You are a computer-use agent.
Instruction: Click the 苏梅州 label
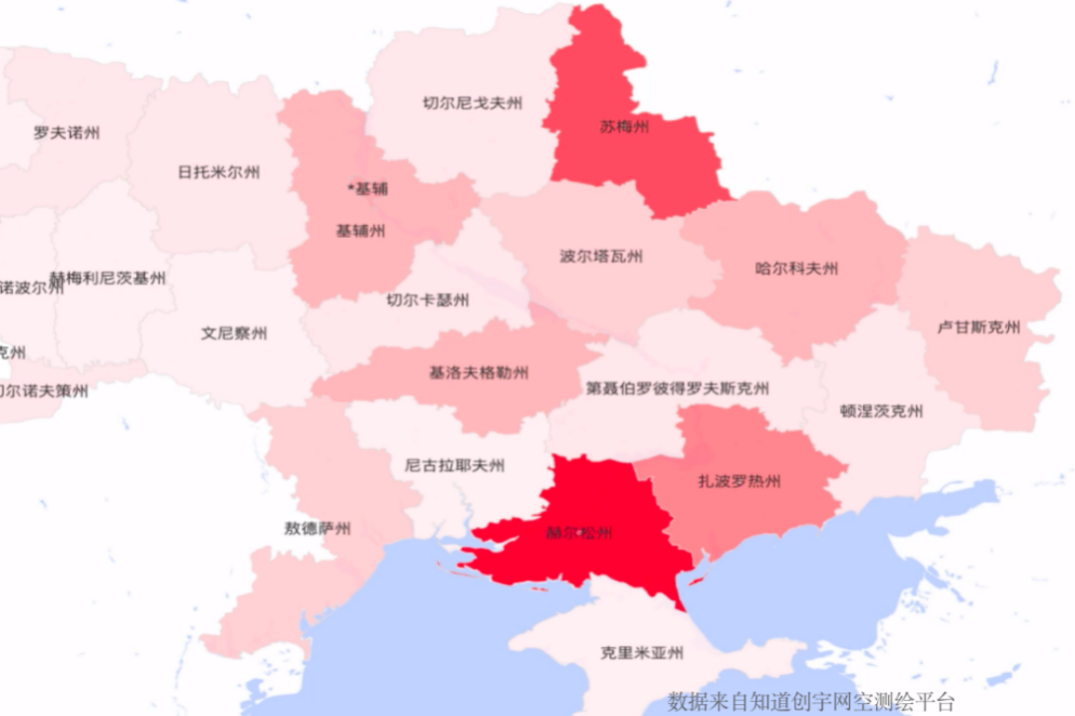[x=624, y=127]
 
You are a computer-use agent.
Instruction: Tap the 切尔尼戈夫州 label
[x=473, y=103]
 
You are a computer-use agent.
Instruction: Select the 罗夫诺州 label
[x=67, y=131]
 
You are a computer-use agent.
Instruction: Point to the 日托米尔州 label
[x=219, y=172]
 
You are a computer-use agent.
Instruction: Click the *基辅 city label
[x=367, y=188]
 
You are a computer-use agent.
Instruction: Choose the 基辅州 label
[x=360, y=231]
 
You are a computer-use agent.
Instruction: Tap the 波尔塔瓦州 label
[x=601, y=256]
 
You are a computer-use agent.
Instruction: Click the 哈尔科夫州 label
[x=796, y=268]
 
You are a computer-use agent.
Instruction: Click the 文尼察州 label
[x=234, y=334]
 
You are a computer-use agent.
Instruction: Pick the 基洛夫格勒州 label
[x=479, y=373]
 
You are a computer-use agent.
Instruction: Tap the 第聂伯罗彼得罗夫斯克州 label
[x=677, y=388]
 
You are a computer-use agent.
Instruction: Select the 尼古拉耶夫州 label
[x=455, y=465]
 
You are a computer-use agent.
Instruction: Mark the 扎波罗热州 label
[x=740, y=482]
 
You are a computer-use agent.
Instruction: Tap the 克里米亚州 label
[x=642, y=653]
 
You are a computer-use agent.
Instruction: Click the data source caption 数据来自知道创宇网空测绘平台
[x=811, y=701]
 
